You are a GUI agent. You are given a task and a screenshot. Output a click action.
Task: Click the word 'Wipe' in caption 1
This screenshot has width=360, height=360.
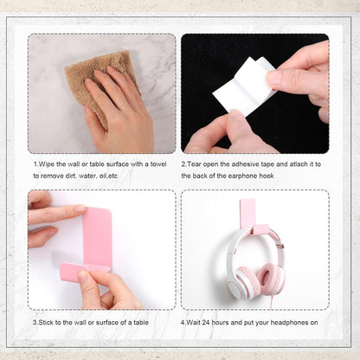coord(45,163)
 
